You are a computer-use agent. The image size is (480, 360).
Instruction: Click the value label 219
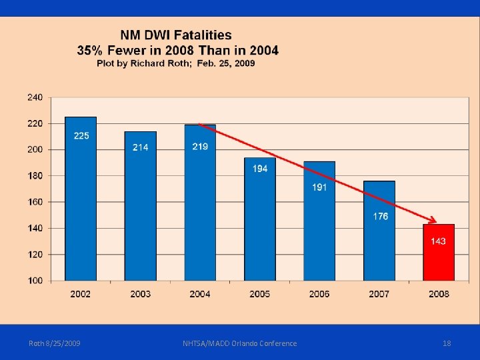[200, 147]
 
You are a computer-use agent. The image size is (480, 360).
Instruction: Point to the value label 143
[439, 241]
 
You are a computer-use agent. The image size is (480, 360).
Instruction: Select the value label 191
[319, 187]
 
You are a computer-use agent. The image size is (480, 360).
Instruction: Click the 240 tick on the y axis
[35, 97]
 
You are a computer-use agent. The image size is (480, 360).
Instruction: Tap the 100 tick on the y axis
[35, 281]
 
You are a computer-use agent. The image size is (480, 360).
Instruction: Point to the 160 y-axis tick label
[35, 202]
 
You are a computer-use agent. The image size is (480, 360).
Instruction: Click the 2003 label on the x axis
[140, 294]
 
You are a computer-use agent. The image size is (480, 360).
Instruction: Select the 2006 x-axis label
[319, 294]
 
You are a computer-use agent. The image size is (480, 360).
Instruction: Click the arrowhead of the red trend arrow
[433, 221]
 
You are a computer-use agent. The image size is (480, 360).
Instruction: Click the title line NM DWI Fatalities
[176, 35]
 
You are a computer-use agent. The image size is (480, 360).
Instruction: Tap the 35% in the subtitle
[91, 50]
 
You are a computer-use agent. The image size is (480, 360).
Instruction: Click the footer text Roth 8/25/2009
[55, 343]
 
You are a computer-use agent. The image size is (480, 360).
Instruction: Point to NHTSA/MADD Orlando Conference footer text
[240, 343]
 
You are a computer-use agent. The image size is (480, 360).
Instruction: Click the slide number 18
[447, 343]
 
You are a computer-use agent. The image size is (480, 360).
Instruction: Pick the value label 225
[81, 136]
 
